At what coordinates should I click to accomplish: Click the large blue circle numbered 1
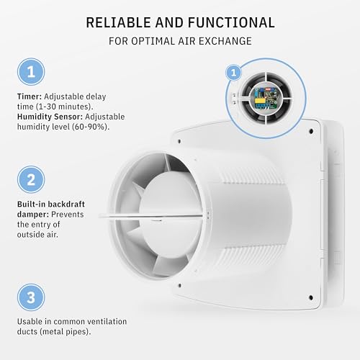coord(30,72)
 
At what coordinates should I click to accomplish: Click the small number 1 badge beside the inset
coord(233,72)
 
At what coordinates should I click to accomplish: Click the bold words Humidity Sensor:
coord(50,116)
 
